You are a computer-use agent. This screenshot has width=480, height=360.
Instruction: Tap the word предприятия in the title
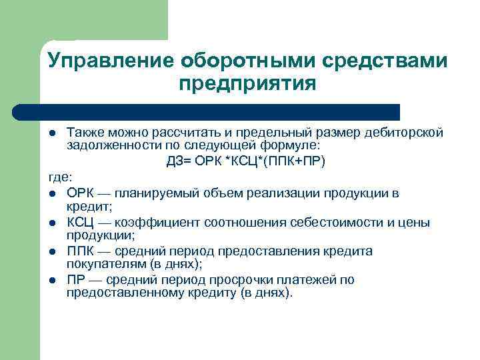pos(247,85)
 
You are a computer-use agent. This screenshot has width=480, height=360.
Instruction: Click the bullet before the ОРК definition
pos(52,194)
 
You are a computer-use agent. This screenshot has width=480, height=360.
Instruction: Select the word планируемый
pos(155,193)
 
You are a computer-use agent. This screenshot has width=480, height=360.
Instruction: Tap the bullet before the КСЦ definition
pos(52,223)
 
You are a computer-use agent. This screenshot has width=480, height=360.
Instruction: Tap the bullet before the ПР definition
pos(52,280)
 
